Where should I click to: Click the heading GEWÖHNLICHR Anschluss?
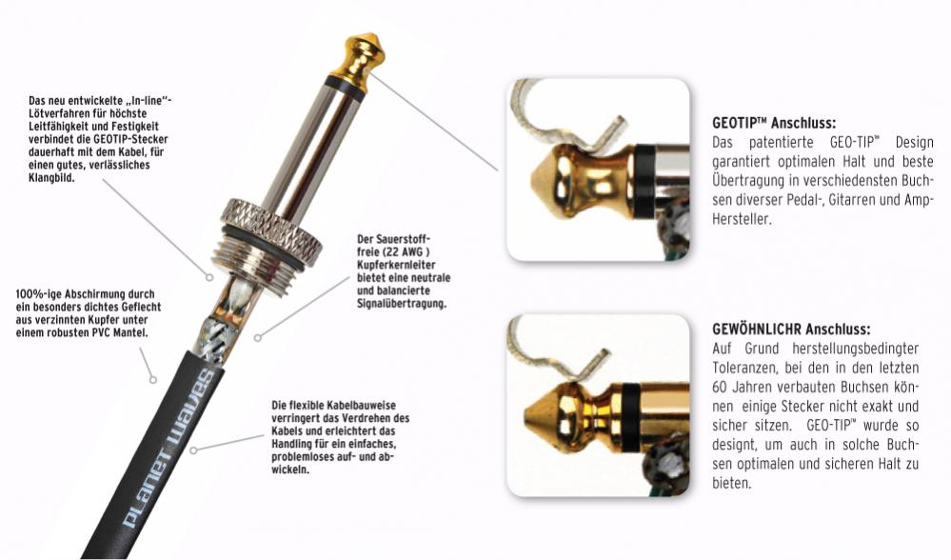click(x=791, y=330)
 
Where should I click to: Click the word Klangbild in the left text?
click(x=51, y=178)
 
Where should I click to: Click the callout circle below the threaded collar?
click(x=209, y=277)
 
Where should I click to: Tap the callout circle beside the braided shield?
click(x=258, y=337)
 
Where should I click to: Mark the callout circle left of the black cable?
click(x=153, y=380)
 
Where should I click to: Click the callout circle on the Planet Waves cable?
click(x=193, y=450)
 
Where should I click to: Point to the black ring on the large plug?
click(x=346, y=88)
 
